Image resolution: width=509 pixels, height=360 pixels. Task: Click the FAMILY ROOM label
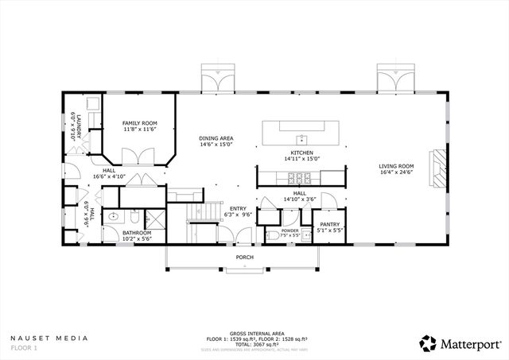coord(139,123)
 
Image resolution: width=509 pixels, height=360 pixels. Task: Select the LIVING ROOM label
coord(395,166)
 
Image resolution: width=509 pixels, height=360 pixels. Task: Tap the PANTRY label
coord(329,225)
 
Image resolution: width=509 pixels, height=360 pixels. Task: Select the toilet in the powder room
coord(274,235)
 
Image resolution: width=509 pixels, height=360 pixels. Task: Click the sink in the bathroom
coord(115,215)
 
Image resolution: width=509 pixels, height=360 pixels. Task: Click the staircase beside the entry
coord(202,213)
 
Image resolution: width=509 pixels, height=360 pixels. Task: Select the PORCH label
coord(245,257)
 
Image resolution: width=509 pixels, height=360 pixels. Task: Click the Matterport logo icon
coord(429,343)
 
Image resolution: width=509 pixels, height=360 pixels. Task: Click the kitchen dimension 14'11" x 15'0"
coord(301,158)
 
